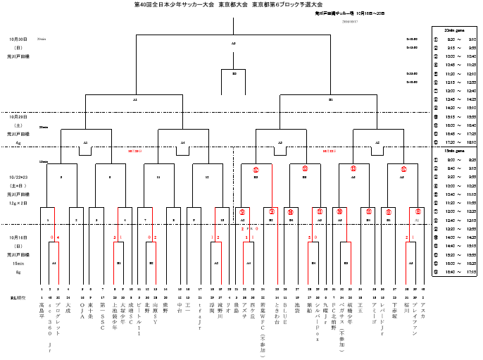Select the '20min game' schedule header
[455, 30]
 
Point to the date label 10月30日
[18, 39]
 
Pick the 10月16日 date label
[18, 237]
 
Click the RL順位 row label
[19, 298]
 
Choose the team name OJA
[82, 311]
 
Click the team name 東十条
[90, 309]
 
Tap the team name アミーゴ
[373, 312]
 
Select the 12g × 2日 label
[18, 202]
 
